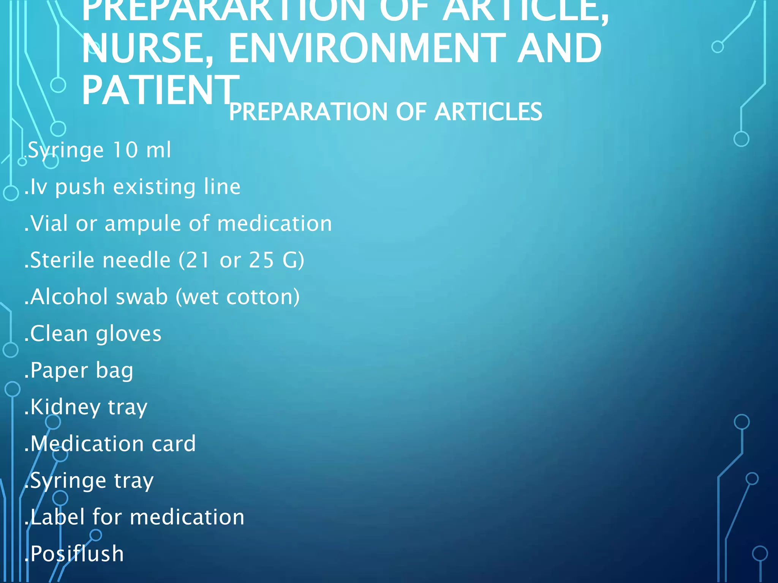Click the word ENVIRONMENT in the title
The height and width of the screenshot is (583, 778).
click(367, 48)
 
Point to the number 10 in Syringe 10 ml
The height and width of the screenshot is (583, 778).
click(125, 150)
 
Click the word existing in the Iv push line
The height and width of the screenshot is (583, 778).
click(155, 186)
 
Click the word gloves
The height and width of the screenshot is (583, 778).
click(128, 334)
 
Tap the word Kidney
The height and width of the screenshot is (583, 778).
click(65, 407)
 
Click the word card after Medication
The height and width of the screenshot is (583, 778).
click(174, 443)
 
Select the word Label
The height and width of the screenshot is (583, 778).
click(57, 517)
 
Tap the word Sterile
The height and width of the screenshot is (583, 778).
click(62, 260)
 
